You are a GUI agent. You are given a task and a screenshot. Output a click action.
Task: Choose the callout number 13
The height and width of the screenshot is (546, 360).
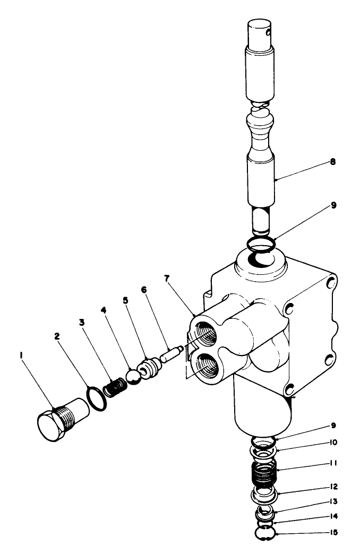333,501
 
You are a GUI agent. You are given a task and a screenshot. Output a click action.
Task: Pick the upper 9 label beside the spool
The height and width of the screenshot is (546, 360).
333,204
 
